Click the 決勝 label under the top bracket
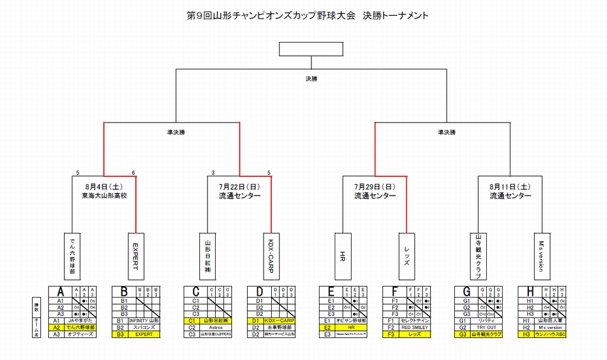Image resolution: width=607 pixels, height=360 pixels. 312,78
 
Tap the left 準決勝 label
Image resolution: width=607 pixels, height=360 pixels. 171,132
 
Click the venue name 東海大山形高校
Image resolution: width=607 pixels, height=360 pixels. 104,196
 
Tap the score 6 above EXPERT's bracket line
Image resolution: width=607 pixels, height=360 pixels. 134,173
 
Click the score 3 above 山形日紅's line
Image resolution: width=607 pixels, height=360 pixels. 213,173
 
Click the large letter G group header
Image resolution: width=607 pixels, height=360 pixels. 466,291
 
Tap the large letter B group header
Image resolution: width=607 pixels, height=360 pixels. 124,291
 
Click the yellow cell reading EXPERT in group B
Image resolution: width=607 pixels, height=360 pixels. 143,334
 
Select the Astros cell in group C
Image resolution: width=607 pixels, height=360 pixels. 215,327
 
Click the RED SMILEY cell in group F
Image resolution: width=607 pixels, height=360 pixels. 415,327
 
